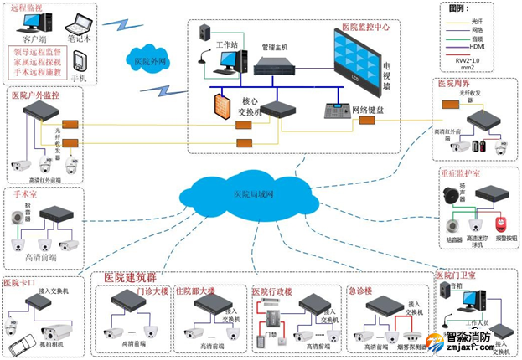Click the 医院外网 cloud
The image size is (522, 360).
(151, 60)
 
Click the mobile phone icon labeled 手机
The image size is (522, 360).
(80, 64)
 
